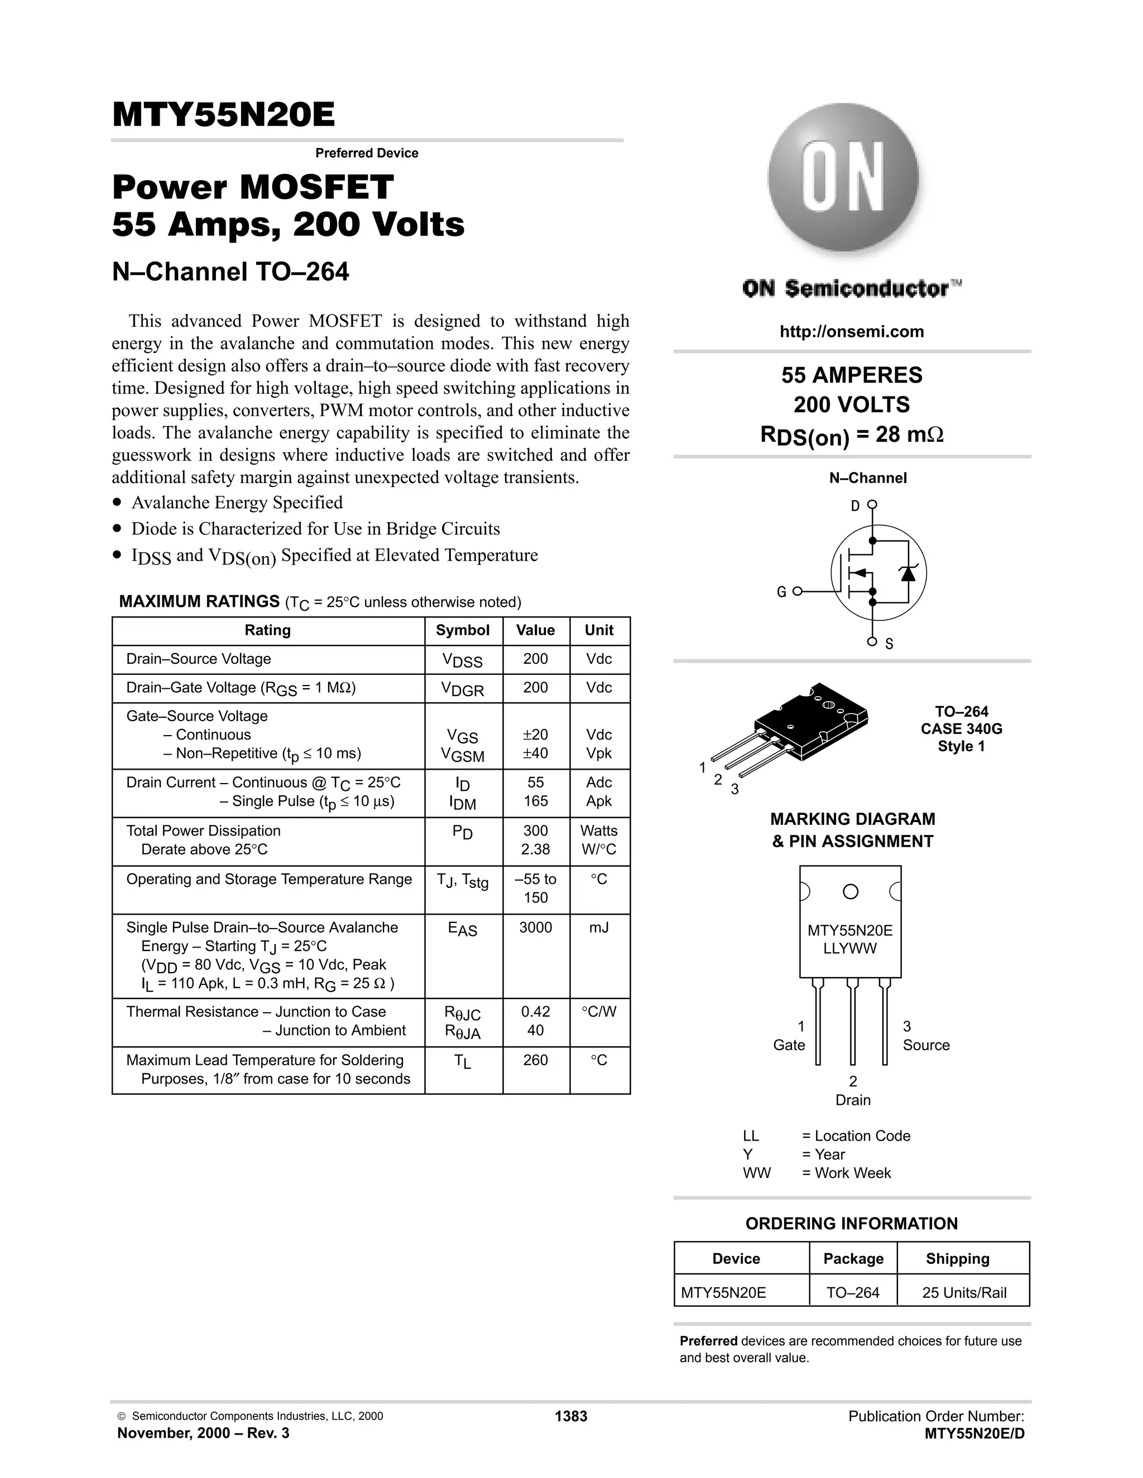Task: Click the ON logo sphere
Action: [x=843, y=178]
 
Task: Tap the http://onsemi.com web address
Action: [x=851, y=332]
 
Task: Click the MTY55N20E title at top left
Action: [x=223, y=114]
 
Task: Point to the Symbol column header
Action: [x=463, y=630]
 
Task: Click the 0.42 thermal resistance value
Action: [x=535, y=1012]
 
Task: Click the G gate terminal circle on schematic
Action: [x=797, y=591]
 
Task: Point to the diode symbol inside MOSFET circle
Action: [x=907, y=573]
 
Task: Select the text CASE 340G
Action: [x=961, y=729]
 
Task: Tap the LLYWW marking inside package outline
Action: [x=850, y=948]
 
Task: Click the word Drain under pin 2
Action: [x=853, y=1100]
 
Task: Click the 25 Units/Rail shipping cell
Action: [x=963, y=1293]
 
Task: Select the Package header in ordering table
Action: [x=853, y=1259]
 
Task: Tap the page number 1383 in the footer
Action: [x=571, y=1417]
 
